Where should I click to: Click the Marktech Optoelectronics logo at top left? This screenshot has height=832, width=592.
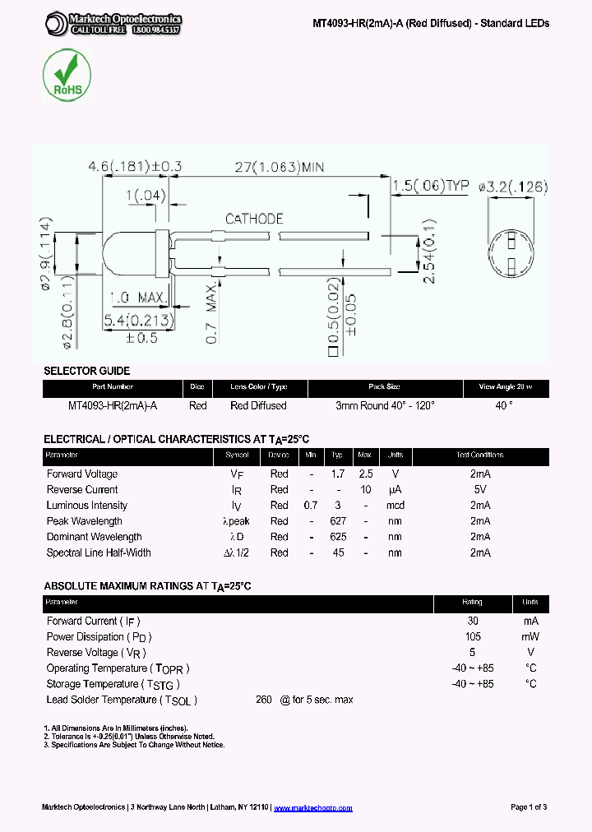tap(113, 24)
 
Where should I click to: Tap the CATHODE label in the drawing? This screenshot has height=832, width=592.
tap(254, 219)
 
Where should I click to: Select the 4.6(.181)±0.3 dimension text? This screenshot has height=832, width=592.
tap(134, 167)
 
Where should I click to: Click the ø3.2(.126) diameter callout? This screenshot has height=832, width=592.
tap(512, 187)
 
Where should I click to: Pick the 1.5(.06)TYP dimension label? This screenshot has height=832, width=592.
tap(430, 187)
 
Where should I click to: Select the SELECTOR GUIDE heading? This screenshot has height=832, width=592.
tap(86, 371)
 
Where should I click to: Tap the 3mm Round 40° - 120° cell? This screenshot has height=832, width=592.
tap(385, 405)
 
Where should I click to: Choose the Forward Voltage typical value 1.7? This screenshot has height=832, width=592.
tap(337, 474)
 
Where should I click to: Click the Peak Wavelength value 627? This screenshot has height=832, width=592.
tap(337, 520)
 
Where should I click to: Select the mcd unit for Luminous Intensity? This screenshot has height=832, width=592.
tap(395, 505)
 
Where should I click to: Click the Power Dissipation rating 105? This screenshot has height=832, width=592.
tap(473, 636)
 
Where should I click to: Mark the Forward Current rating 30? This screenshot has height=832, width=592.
tap(473, 621)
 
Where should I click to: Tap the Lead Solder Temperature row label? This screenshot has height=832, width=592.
tap(122, 700)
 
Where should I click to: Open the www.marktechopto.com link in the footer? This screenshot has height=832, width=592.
tap(312, 807)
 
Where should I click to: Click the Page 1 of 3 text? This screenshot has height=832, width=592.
tap(529, 807)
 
